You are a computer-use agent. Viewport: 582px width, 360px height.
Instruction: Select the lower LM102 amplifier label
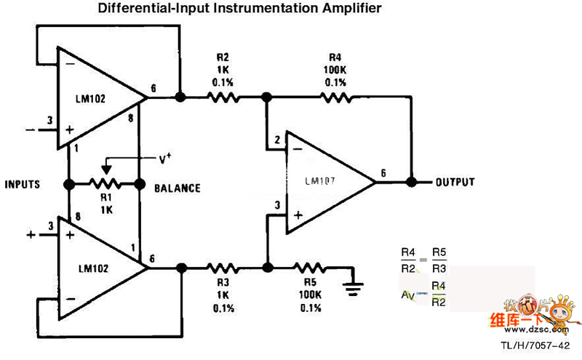pyautogui.click(x=95, y=268)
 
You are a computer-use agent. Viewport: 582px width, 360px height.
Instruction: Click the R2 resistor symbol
pyautogui.click(x=223, y=96)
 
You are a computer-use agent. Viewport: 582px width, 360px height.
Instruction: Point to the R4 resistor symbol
pyautogui.click(x=335, y=96)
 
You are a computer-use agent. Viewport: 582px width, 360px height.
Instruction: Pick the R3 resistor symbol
pyautogui.click(x=223, y=268)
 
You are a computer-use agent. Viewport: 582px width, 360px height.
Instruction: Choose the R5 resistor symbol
pyautogui.click(x=310, y=268)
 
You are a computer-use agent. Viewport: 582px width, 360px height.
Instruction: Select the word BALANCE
pyautogui.click(x=177, y=188)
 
